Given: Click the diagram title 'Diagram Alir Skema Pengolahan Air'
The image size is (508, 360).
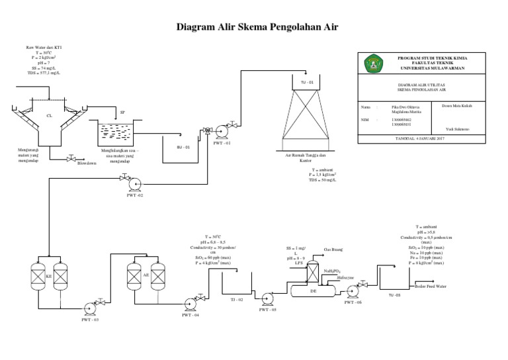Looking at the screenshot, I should click(x=254, y=27).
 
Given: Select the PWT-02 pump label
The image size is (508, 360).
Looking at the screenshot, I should click(x=135, y=195).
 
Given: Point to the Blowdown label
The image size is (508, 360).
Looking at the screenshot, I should click(x=87, y=162).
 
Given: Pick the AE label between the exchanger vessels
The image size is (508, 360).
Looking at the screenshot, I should click(x=146, y=273).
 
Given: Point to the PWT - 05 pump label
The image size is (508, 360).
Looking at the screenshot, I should click(x=267, y=310).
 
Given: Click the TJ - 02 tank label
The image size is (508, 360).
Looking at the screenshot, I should click(x=237, y=300).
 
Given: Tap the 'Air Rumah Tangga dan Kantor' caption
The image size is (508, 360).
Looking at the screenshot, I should click(x=305, y=157).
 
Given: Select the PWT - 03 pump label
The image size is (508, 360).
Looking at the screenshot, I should click(x=89, y=320).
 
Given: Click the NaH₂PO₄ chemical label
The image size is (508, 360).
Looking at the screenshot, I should click(x=333, y=271).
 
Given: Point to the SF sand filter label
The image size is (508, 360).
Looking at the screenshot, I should click(x=122, y=113).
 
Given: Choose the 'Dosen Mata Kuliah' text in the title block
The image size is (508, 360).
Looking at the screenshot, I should click(x=453, y=105).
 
